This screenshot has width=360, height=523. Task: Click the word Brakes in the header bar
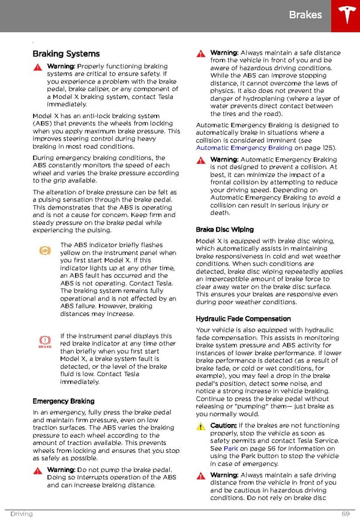tap(305, 14)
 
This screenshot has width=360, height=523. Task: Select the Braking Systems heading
tap(66, 54)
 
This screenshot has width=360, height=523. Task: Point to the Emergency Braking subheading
tap(63, 401)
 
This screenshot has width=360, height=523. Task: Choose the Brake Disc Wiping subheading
tap(224, 229)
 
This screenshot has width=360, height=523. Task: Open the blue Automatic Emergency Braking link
tap(244, 148)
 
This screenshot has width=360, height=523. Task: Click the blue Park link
tap(231, 448)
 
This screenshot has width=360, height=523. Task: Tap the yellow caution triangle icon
tap(200, 426)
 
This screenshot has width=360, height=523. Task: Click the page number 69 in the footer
tap(346, 514)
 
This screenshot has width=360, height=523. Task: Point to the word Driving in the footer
tap(21, 514)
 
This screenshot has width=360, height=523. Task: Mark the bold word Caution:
tap(223, 426)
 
